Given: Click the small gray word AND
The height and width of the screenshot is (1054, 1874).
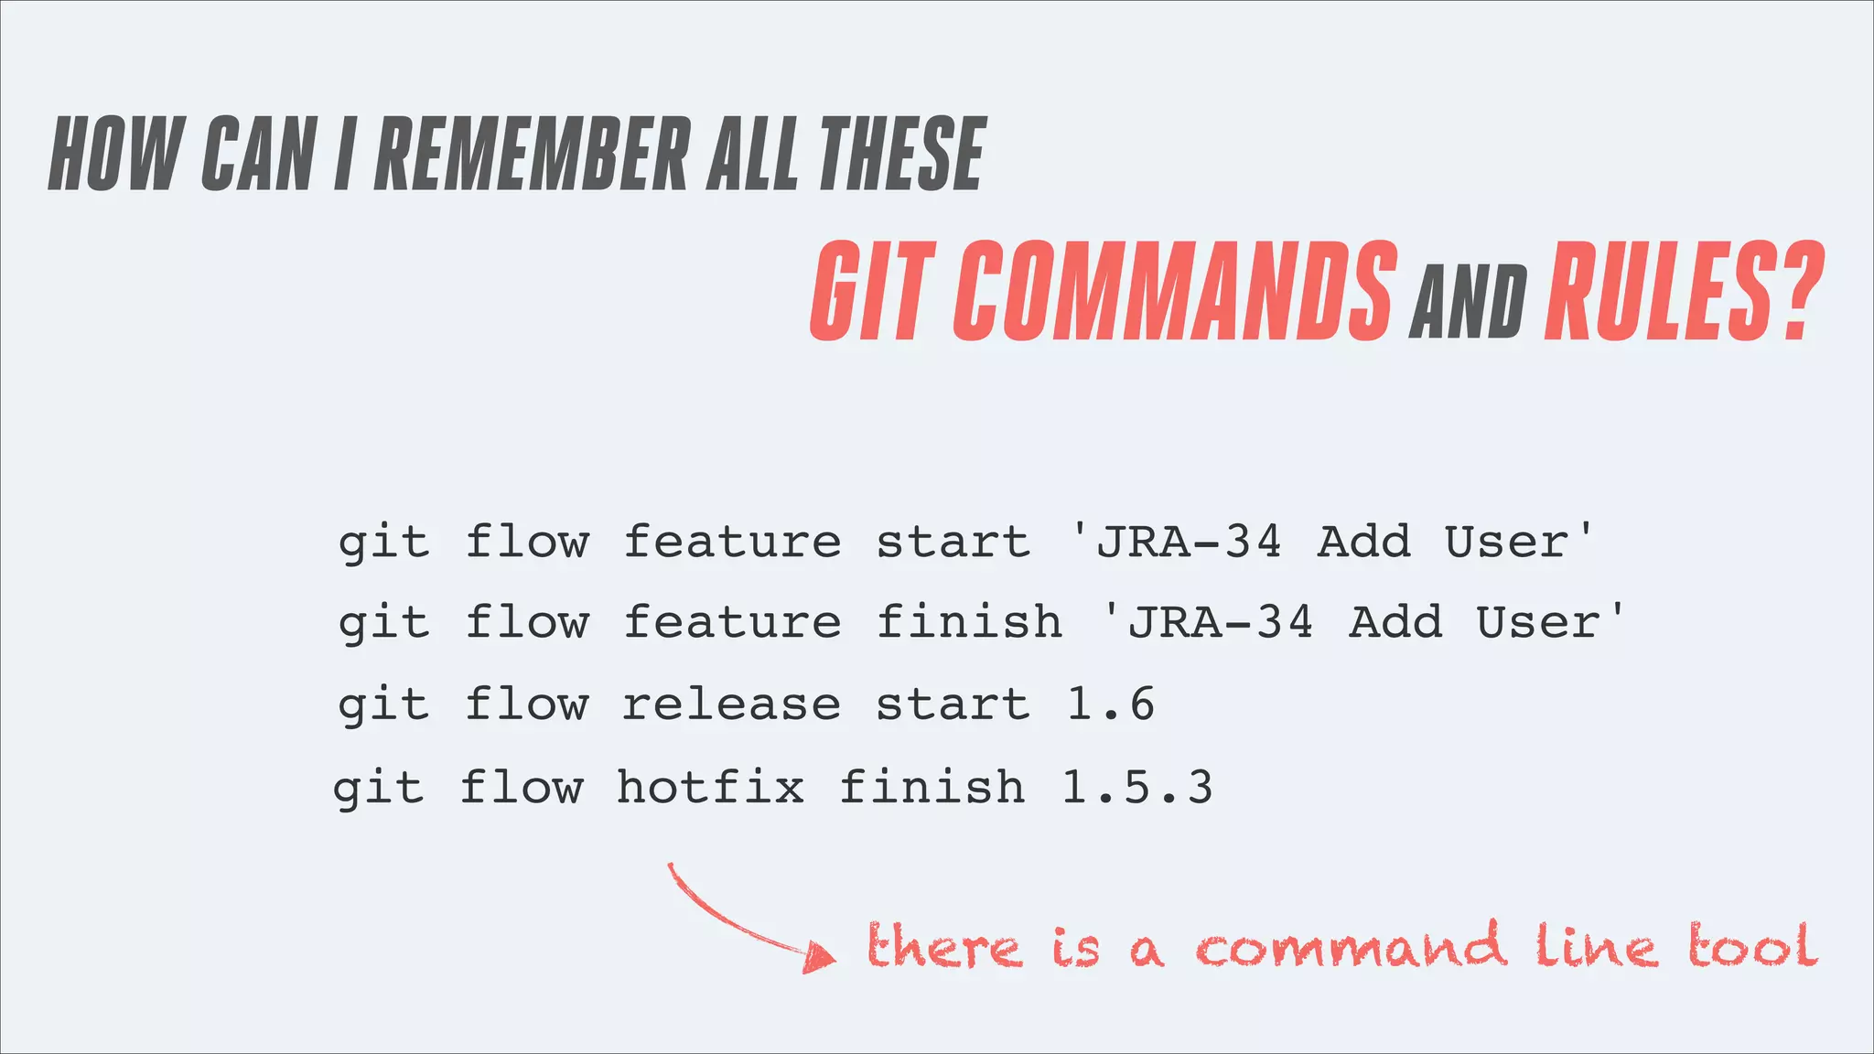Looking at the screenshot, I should click(x=1468, y=302).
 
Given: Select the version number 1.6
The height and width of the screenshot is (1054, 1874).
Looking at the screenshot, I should click(x=1111, y=704).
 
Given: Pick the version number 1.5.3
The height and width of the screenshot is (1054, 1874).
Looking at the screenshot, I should click(x=1137, y=788).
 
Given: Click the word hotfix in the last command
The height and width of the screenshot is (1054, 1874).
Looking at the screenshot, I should click(x=711, y=788).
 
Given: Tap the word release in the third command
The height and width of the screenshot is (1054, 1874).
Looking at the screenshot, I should click(x=731, y=704).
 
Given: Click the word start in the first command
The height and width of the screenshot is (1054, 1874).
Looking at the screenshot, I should click(x=953, y=542).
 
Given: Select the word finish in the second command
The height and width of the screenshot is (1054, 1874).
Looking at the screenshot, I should click(x=969, y=623).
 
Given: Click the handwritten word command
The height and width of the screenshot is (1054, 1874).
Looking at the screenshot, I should click(x=1351, y=947).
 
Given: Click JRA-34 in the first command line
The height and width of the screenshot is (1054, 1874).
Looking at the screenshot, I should click(x=1189, y=542).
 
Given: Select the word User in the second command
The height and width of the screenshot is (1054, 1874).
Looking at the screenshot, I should click(x=1537, y=623).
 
